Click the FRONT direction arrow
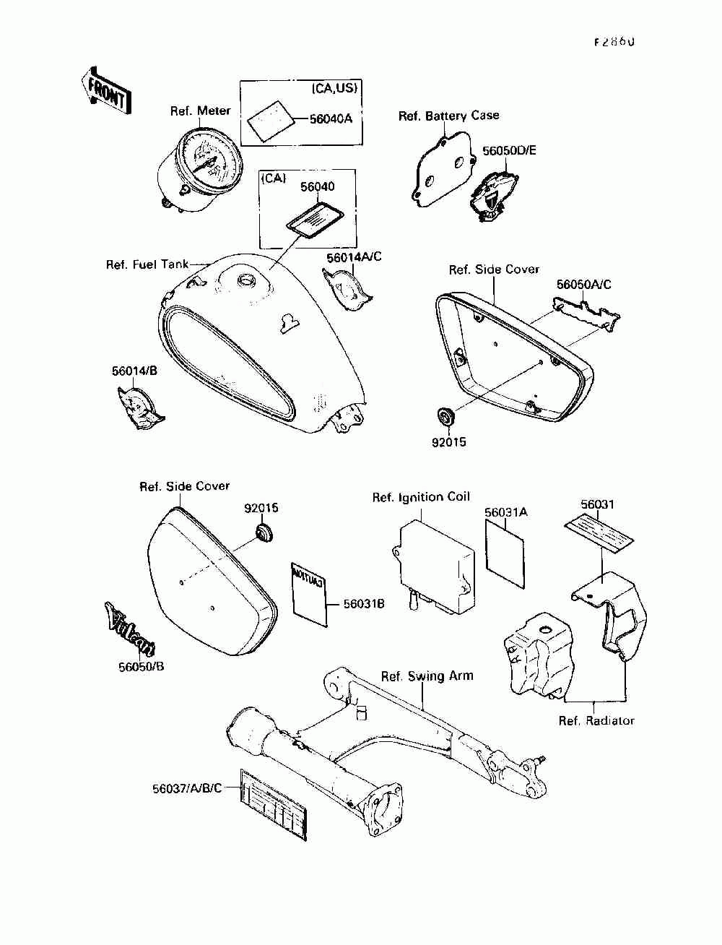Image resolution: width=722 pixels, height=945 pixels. tap(107, 91)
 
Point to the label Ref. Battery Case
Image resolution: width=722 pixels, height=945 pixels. tap(448, 116)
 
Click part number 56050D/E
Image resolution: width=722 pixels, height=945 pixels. tap(510, 151)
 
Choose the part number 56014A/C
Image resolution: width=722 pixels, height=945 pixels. tap(354, 257)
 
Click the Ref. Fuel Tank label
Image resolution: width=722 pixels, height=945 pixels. tap(147, 265)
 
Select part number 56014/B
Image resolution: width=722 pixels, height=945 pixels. tap(134, 371)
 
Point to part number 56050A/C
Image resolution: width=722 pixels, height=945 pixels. tap(583, 285)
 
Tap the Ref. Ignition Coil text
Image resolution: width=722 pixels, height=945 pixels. tap(421, 497)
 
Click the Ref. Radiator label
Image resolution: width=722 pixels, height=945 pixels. tap(596, 720)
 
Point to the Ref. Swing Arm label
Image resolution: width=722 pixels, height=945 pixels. tap(427, 676)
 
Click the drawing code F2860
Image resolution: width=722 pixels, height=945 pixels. tap(614, 42)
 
